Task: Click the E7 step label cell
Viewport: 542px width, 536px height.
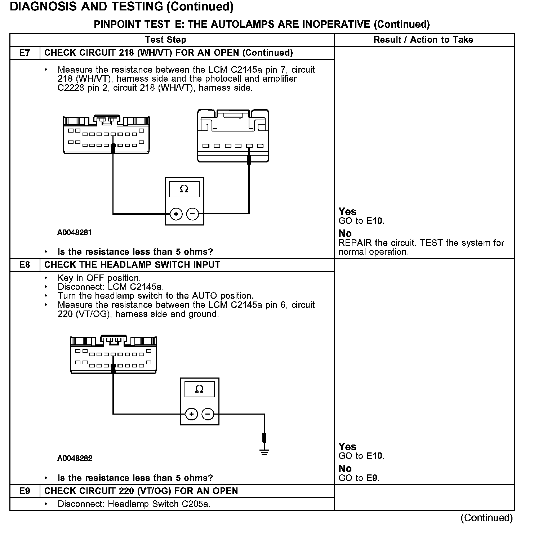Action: [25, 53]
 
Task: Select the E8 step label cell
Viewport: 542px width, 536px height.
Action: [25, 265]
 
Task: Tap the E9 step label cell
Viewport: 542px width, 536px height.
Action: [25, 491]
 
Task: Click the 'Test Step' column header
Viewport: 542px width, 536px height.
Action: [165, 40]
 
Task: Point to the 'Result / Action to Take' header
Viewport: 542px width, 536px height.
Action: [423, 40]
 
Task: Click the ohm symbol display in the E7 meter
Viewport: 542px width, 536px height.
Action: [184, 189]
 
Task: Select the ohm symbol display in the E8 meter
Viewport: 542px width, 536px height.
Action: [199, 389]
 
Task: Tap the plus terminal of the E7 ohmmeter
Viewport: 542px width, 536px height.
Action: [176, 214]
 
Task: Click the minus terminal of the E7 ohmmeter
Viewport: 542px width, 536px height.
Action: [193, 214]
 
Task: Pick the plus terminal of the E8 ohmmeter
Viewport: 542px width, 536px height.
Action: [191, 414]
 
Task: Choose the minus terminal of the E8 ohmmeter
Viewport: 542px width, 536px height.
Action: [208, 414]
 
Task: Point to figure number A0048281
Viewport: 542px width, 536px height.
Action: [75, 233]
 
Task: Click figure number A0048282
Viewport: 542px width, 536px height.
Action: [75, 459]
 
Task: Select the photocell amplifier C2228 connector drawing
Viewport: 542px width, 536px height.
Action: [233, 136]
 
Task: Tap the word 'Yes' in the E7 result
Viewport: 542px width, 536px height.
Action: [347, 211]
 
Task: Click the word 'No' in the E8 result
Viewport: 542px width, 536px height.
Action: [345, 469]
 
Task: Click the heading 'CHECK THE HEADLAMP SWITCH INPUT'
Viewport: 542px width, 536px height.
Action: [132, 265]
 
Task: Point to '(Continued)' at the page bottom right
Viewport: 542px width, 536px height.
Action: [487, 518]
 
